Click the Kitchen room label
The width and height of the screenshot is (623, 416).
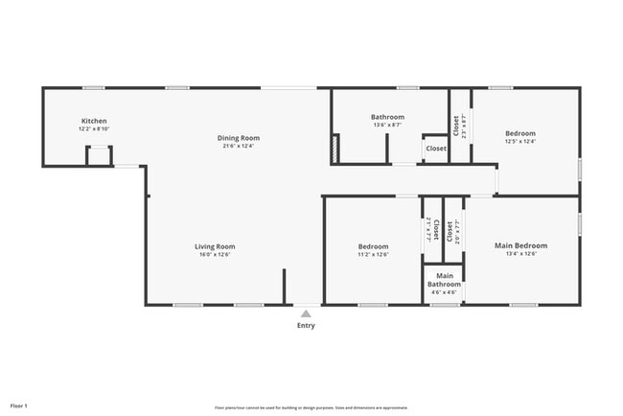tap(93, 121)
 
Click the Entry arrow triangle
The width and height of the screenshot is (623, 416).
tap(306, 313)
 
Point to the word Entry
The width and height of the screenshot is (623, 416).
tap(306, 326)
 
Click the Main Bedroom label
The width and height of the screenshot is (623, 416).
tap(520, 245)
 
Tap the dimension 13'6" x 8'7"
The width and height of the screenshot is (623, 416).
tap(387, 125)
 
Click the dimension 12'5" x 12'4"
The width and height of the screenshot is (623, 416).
tap(520, 141)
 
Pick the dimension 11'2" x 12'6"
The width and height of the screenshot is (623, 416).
tap(373, 254)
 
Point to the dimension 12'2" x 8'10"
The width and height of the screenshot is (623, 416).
tap(93, 128)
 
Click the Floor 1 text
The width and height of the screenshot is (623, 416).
tap(19, 406)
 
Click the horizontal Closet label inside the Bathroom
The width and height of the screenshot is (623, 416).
tap(436, 149)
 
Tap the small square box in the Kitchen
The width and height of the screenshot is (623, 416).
tap(99, 156)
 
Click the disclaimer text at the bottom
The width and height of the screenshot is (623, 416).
tap(310, 407)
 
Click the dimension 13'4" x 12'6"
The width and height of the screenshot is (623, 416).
tap(520, 254)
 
